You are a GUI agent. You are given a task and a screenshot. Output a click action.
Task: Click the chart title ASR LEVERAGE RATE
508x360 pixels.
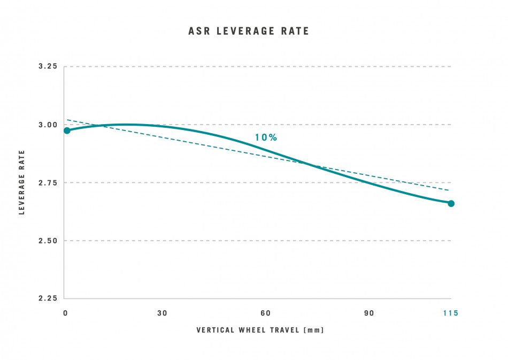(249, 31)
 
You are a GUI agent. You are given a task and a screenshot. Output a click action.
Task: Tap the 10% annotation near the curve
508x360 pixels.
(266, 137)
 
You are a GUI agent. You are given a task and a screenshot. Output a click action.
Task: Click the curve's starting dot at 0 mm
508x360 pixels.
(67, 131)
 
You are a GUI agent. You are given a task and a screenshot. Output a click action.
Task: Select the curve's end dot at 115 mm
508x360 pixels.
(451, 203)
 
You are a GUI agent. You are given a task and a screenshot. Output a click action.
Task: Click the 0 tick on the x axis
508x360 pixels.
(65, 313)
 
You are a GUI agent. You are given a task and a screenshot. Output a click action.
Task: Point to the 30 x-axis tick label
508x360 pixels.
(162, 313)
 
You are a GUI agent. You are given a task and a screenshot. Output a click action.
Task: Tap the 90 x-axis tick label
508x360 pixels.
(369, 313)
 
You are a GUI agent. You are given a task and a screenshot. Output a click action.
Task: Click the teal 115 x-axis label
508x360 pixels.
(450, 313)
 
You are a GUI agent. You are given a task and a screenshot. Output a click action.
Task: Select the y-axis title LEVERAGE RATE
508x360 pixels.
(22, 182)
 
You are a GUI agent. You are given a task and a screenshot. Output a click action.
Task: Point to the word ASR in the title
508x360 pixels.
(198, 31)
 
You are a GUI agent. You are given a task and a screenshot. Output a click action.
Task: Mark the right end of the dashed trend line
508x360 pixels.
(448, 190)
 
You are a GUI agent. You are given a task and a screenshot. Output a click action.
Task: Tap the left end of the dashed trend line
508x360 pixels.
(67, 120)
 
